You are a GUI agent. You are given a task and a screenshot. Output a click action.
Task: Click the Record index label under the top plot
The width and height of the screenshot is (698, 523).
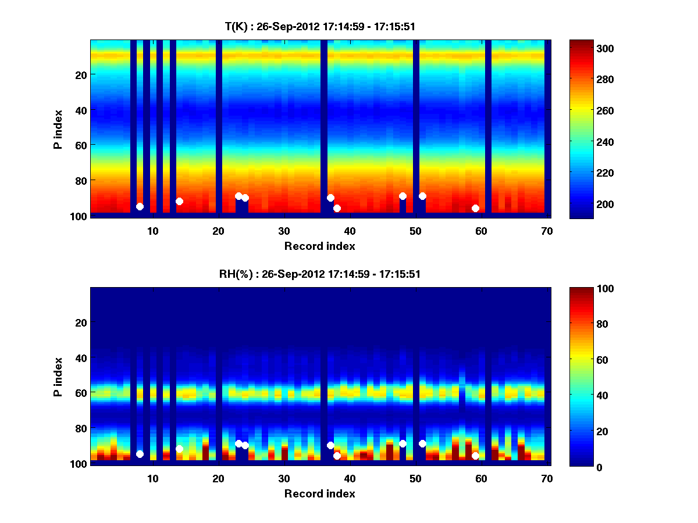(319, 246)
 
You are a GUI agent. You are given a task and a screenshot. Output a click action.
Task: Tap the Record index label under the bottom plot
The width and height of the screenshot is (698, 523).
(319, 493)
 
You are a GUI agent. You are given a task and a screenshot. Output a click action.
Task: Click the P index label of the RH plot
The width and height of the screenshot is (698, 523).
(58, 376)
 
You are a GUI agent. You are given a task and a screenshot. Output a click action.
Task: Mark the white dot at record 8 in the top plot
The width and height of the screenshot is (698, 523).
(140, 206)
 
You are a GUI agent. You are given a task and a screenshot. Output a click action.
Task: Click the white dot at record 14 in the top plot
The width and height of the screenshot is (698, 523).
(179, 201)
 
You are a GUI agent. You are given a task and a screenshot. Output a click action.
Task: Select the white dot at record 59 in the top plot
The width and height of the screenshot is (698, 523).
(475, 208)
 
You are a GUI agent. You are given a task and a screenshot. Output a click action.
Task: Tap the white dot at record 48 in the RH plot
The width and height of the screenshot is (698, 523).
(403, 443)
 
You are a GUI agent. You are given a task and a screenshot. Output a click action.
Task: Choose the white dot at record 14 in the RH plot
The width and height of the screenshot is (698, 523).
(179, 449)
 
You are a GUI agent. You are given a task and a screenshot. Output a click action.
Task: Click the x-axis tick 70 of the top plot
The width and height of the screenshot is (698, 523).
(547, 231)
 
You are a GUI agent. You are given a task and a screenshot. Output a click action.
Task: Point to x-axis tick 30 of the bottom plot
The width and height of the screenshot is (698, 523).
(284, 478)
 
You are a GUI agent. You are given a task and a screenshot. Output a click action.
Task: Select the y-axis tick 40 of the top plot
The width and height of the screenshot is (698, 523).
(81, 110)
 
